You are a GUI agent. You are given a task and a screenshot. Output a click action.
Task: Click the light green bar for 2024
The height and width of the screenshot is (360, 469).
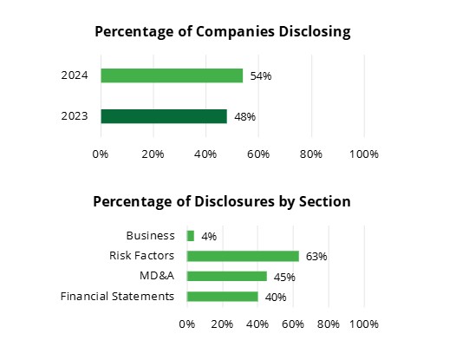click(x=172, y=75)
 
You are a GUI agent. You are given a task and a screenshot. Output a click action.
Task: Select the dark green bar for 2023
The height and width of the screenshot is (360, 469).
click(x=164, y=116)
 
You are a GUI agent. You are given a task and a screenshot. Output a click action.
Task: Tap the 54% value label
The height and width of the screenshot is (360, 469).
click(x=261, y=76)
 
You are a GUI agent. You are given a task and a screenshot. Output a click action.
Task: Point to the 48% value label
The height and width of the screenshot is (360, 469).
click(x=244, y=117)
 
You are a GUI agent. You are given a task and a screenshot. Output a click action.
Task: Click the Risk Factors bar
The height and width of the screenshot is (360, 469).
click(x=243, y=256)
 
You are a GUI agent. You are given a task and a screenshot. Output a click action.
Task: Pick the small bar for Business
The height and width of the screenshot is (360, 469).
click(x=191, y=236)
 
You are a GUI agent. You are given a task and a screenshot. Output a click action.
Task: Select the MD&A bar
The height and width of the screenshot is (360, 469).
click(x=227, y=277)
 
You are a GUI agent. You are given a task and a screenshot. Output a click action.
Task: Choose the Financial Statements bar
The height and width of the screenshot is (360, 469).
click(x=223, y=297)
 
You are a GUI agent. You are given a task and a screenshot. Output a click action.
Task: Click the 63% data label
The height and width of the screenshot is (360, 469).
click(x=316, y=257)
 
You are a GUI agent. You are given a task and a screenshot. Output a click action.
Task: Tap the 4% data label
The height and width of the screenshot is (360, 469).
click(x=208, y=236)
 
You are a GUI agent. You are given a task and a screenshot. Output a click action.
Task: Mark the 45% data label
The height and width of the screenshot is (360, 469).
click(x=284, y=278)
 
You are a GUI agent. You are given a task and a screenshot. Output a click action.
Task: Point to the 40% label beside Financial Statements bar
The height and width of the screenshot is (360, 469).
click(x=276, y=298)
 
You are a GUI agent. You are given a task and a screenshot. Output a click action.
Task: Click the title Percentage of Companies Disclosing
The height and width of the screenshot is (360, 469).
click(x=222, y=32)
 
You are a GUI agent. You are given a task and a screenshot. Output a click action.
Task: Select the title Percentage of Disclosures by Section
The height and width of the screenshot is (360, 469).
click(x=222, y=201)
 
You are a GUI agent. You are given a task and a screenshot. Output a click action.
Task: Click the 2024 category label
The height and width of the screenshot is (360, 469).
click(x=75, y=75)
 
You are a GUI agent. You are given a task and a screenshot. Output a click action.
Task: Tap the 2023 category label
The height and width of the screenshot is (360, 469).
click(x=75, y=116)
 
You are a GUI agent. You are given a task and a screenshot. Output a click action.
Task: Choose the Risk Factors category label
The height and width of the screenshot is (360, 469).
click(x=141, y=256)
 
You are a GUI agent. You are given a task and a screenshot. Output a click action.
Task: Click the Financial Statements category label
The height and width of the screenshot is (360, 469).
click(x=117, y=297)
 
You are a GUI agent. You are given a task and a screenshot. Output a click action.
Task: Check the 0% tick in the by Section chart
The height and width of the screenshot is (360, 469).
click(x=186, y=324)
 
